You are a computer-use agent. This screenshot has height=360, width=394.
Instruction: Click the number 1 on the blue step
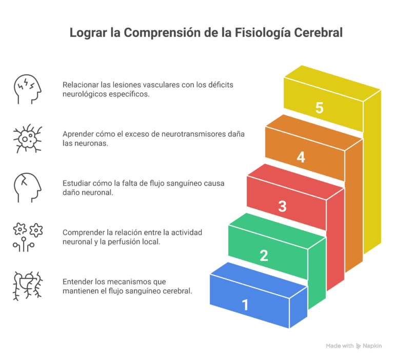click(245, 305)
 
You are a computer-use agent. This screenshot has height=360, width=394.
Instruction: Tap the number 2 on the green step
click(264, 255)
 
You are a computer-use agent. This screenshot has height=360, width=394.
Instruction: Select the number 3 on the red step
click(282, 206)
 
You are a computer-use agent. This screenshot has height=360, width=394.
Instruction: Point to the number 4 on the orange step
click(301, 157)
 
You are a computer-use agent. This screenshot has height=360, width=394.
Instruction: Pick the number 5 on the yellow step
click(320, 108)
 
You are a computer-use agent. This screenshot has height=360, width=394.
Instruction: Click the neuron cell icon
click(27, 138)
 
